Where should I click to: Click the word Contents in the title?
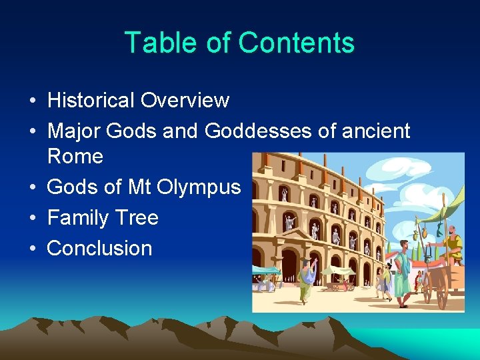click(x=296, y=43)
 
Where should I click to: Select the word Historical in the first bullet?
click(x=91, y=101)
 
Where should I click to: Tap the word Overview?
click(x=185, y=101)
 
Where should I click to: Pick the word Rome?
click(x=75, y=157)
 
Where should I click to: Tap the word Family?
click(x=78, y=218)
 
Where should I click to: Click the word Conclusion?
click(x=99, y=249)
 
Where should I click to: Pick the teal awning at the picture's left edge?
click(x=264, y=270)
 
